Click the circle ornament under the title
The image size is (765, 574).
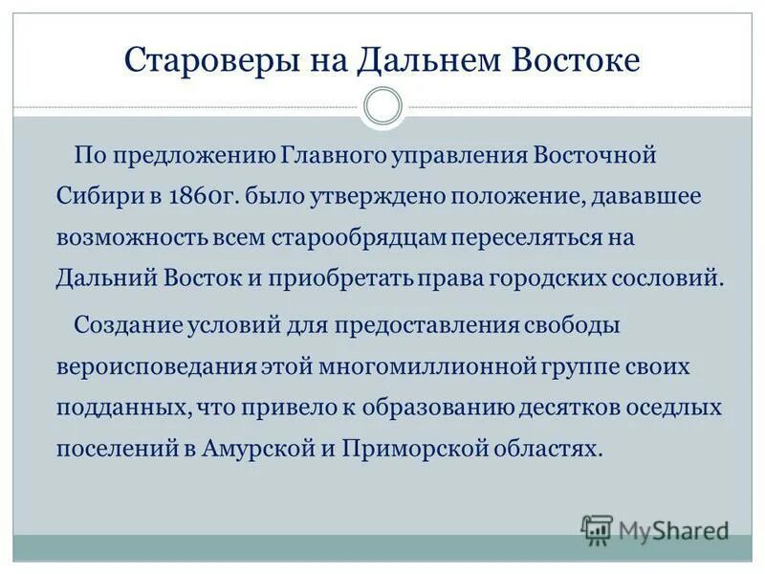[383, 105]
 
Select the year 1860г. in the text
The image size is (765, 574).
[203, 196]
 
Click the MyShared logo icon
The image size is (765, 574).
[597, 528]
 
